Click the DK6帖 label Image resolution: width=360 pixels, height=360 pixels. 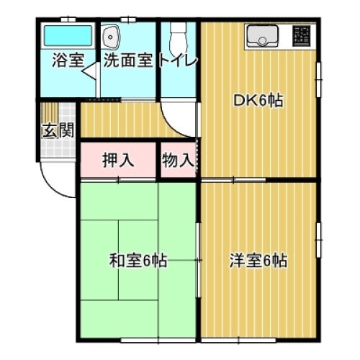pyautogui.click(x=258, y=102)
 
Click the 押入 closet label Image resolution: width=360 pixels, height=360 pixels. pyautogui.click(x=118, y=160)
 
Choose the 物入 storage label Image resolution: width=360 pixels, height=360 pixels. pyautogui.click(x=177, y=160)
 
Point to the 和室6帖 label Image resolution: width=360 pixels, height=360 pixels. pyautogui.click(x=138, y=260)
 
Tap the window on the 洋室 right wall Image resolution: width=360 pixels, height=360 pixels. pyautogui.click(x=318, y=238)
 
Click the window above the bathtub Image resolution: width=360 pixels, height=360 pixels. pyautogui.click(x=68, y=21)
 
